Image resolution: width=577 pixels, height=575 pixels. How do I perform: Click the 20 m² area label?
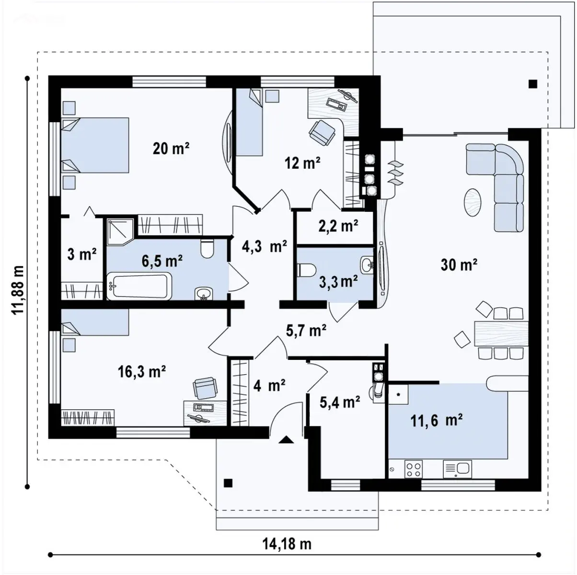(171, 149)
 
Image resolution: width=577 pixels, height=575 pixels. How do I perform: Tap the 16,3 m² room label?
(142, 372)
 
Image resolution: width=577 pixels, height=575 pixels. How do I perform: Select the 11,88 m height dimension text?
(17, 289)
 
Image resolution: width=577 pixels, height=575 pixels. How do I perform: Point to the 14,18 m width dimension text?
(287, 543)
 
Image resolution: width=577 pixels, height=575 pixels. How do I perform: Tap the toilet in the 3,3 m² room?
(307, 269)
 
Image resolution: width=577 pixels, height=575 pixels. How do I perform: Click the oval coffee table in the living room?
(473, 202)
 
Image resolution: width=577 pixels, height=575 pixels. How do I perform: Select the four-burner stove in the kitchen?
(414, 469)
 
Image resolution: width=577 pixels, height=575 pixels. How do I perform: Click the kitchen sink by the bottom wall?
(457, 469)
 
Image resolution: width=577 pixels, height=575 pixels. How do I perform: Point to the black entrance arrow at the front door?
(287, 440)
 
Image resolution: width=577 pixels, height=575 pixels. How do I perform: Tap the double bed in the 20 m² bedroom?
(95, 145)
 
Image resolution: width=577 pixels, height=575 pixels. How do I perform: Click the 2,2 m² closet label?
(338, 226)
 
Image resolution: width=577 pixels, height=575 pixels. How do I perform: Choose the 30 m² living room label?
(459, 264)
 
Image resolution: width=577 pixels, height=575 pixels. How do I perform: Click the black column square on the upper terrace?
(533, 84)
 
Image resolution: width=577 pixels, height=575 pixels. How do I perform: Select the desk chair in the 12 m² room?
(322, 132)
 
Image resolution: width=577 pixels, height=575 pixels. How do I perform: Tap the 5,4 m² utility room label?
(340, 402)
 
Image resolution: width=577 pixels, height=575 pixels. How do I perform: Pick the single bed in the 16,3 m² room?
(95, 322)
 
